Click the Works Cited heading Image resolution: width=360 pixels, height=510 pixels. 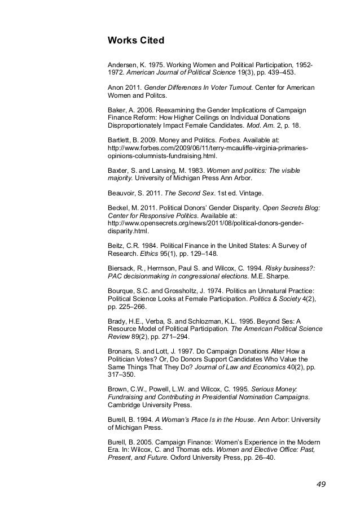[x=135, y=41]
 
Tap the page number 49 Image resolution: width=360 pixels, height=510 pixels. [x=321, y=484]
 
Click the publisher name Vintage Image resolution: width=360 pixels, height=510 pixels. [x=244, y=191]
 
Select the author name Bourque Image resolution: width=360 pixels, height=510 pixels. [x=122, y=291]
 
